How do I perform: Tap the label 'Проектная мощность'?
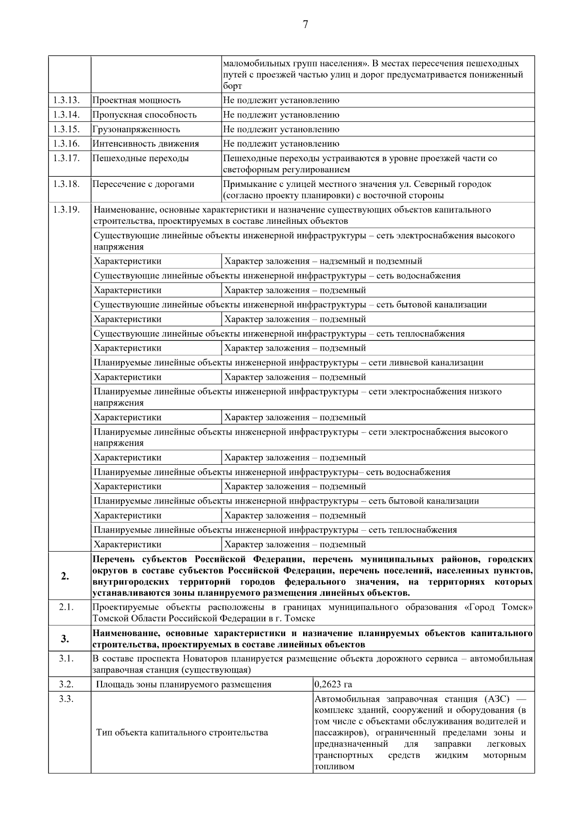pos(137,101)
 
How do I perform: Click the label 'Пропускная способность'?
pos(144,115)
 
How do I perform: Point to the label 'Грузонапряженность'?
pos(136,130)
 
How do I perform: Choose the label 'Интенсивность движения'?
pos(145,144)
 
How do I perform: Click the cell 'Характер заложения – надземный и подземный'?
pos(323,261)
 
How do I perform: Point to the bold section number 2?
pos(65,576)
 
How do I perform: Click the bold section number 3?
pos(65,639)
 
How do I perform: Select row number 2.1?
pos(66,607)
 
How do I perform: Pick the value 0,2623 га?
pos(333,685)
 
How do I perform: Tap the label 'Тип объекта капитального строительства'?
pos(182,732)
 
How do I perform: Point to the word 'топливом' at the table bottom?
pos(334,767)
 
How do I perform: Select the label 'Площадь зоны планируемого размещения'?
pos(184,685)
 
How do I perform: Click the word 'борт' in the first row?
pos(232,86)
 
